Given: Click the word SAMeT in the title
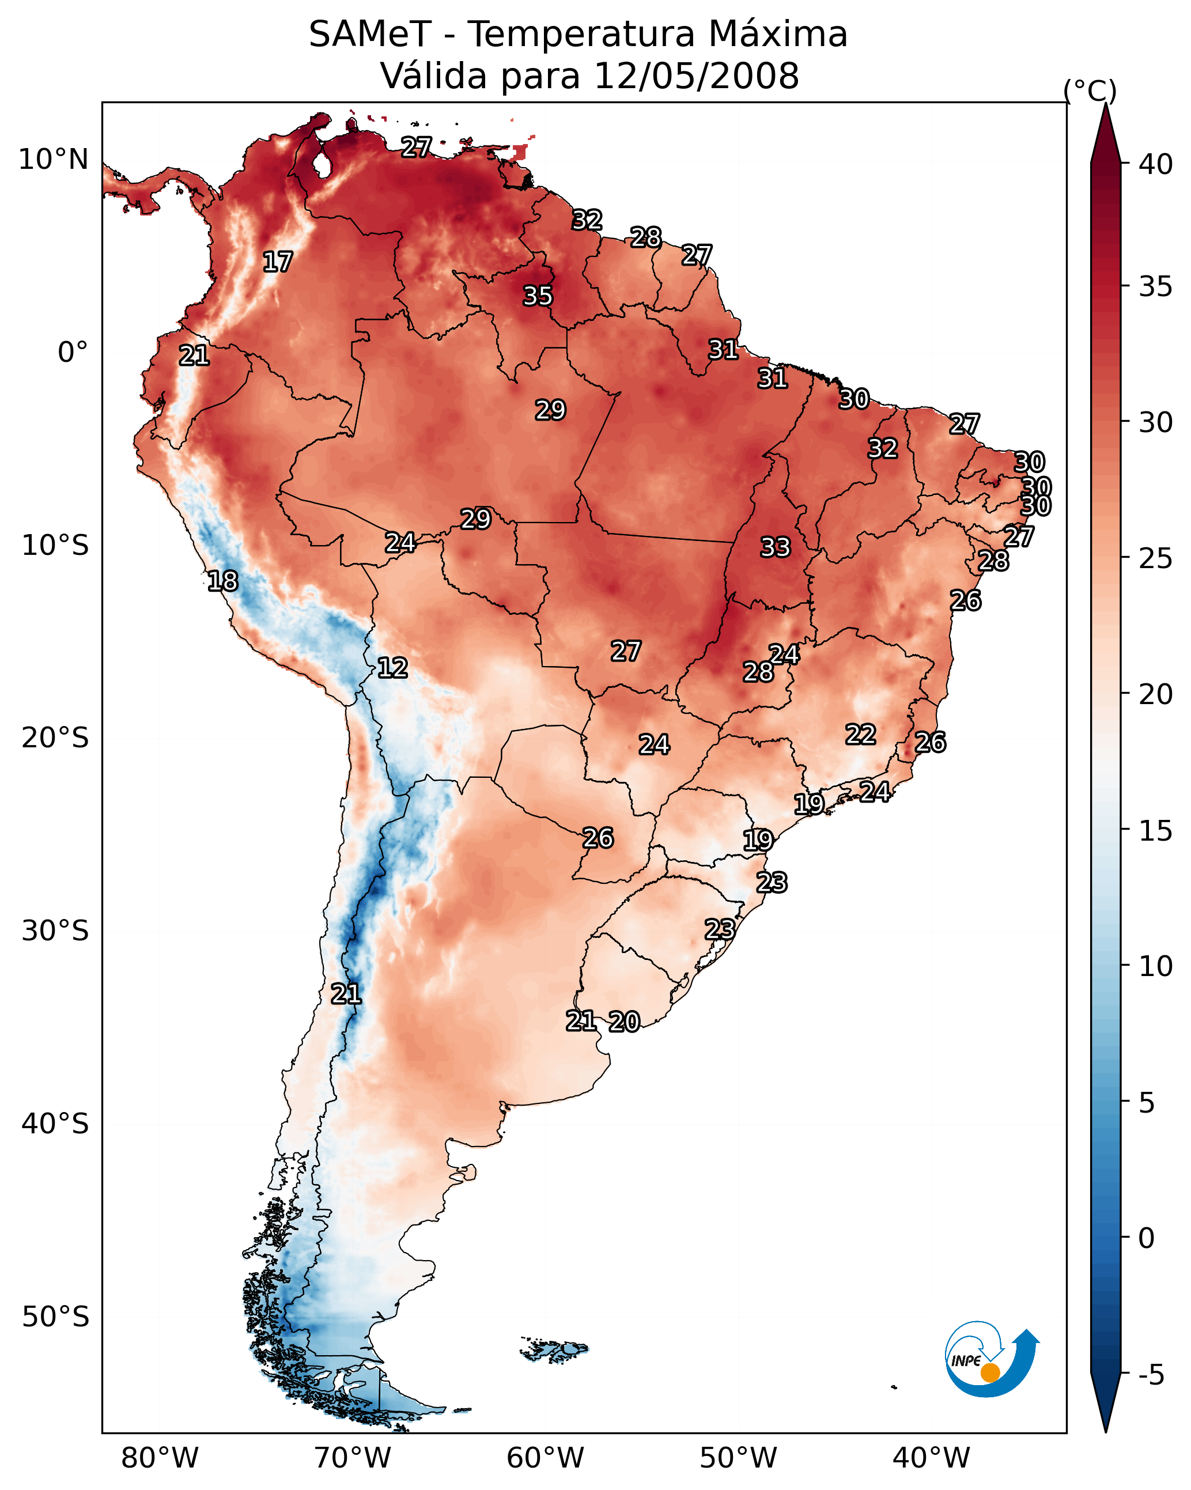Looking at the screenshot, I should point(370,35).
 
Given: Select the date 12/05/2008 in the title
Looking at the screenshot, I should point(695,76).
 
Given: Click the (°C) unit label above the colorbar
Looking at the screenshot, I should point(1090,90).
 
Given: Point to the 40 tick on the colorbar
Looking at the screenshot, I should point(1156,164).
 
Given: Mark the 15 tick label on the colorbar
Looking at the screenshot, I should point(1156,831).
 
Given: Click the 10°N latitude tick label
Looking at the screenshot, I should point(53,160).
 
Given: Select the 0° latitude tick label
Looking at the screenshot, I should point(73,353).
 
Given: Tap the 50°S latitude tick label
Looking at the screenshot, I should point(55,1317).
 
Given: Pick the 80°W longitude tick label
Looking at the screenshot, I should point(160,1458).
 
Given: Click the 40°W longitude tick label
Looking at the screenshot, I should point(931,1458).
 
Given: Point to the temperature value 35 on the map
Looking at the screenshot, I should point(538,296).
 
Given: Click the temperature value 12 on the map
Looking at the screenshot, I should point(392,668).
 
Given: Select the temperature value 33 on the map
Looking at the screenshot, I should point(775,547).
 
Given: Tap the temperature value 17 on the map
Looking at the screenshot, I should point(278,262).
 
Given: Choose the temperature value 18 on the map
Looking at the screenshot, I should point(222,581).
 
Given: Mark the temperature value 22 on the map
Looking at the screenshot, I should point(861,735).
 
